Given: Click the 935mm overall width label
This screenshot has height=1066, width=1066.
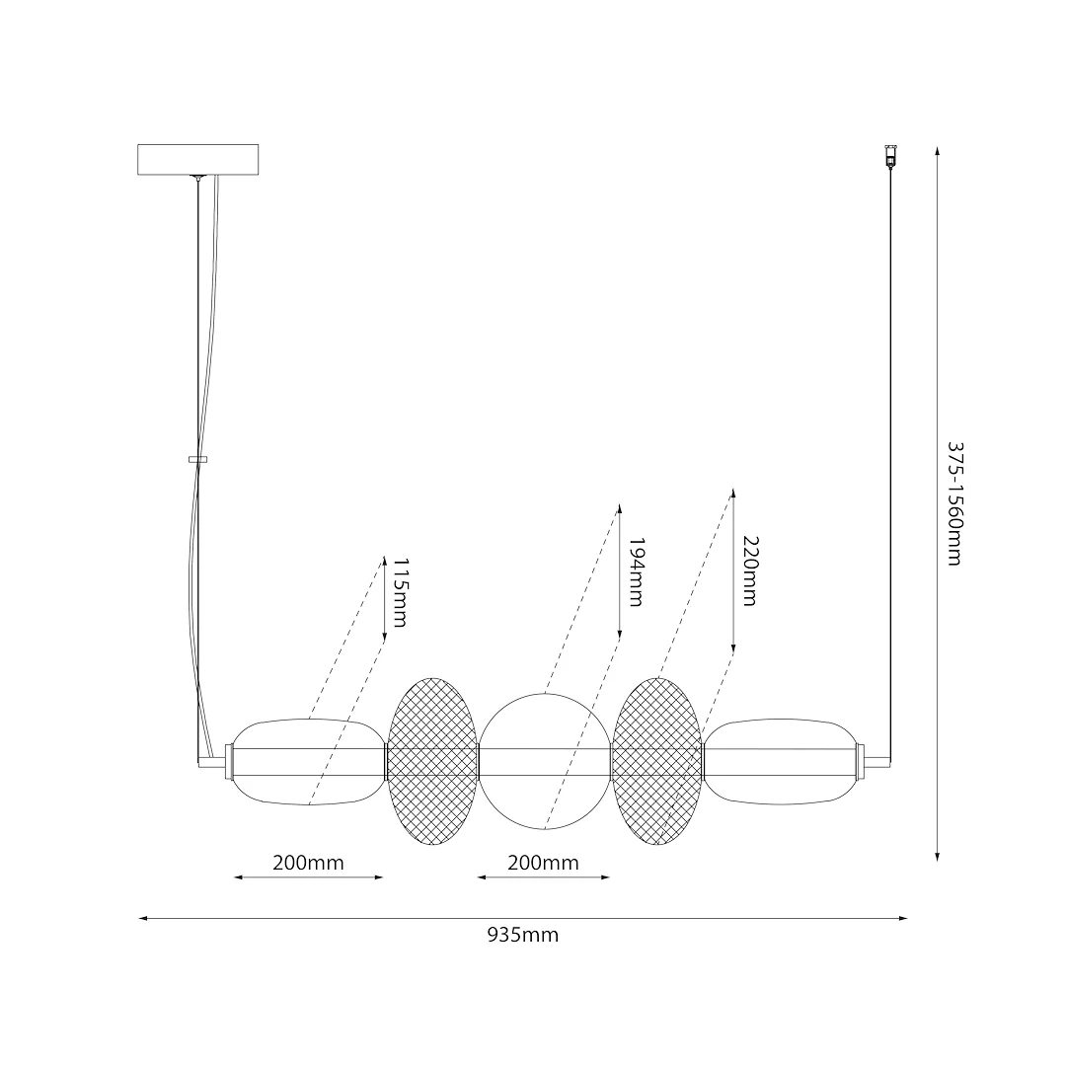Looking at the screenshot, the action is click(x=523, y=936).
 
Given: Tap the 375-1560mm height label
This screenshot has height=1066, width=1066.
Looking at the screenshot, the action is click(x=955, y=503).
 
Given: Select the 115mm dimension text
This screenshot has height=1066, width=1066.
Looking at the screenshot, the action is click(x=401, y=592).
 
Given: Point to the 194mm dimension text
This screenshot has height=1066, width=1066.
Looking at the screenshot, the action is click(x=636, y=571).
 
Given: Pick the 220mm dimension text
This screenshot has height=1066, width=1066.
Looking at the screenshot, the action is click(x=750, y=571).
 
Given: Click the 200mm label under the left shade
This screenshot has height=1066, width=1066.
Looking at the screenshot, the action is click(x=308, y=863).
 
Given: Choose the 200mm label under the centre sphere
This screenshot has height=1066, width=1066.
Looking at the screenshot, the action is click(x=543, y=863).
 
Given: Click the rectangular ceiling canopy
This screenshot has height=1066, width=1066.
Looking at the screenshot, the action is click(x=197, y=159).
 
